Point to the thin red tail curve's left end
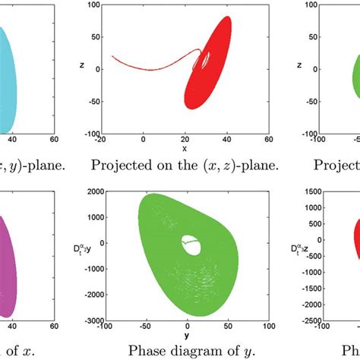112,56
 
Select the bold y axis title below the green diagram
185,334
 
